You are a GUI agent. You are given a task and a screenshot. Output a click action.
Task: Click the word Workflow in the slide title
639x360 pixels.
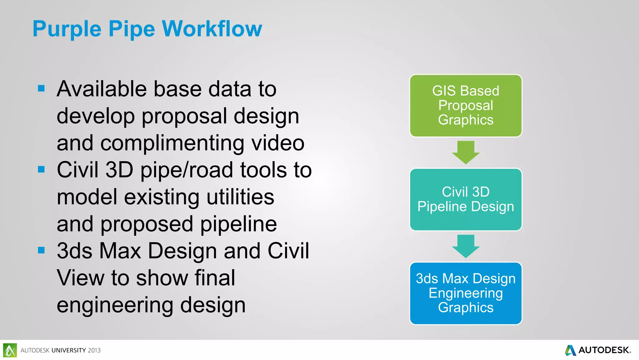(x=212, y=29)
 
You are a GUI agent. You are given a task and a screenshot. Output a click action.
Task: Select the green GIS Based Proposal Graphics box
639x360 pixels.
(x=466, y=106)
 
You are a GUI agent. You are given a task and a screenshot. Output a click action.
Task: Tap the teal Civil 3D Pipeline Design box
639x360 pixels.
(x=466, y=199)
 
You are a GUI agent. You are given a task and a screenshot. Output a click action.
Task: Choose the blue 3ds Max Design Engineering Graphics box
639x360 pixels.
(x=466, y=293)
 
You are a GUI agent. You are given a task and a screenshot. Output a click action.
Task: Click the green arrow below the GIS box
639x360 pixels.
(x=466, y=152)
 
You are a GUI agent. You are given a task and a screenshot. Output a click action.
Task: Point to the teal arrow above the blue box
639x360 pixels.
(x=466, y=246)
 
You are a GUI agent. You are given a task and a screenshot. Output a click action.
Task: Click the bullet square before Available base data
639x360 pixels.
(x=41, y=88)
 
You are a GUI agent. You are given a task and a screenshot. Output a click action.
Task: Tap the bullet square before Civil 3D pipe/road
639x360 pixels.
(x=41, y=169)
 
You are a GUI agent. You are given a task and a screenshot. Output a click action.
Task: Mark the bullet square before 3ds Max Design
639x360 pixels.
(x=41, y=250)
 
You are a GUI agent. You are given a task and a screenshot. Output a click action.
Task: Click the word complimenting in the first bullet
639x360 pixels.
(x=172, y=143)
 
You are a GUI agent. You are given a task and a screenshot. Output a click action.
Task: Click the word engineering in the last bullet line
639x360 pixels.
(x=115, y=305)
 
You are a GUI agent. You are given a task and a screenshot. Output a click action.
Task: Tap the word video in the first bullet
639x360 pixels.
(x=278, y=143)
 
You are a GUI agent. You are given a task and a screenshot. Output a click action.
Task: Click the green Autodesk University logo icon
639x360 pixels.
(x=10, y=350)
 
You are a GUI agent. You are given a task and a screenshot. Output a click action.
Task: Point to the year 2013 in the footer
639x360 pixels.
(x=94, y=350)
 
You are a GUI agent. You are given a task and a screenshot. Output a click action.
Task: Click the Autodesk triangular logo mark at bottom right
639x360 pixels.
(x=570, y=350)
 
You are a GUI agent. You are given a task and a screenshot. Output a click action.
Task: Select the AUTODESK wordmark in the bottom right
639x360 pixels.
(x=604, y=350)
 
